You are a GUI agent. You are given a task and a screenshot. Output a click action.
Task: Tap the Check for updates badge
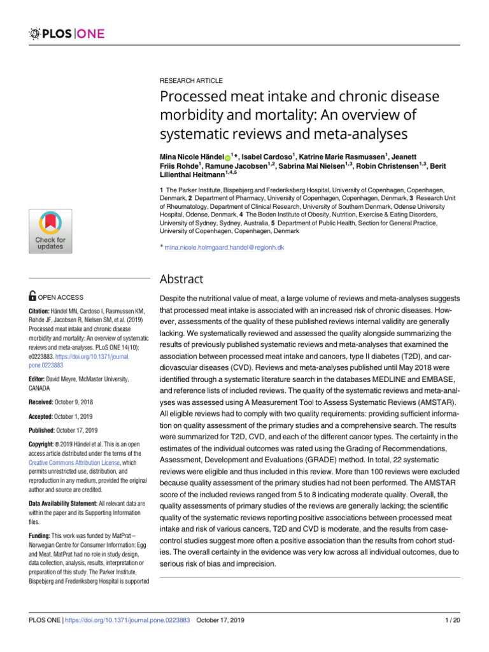pyautogui.click(x=48, y=234)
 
